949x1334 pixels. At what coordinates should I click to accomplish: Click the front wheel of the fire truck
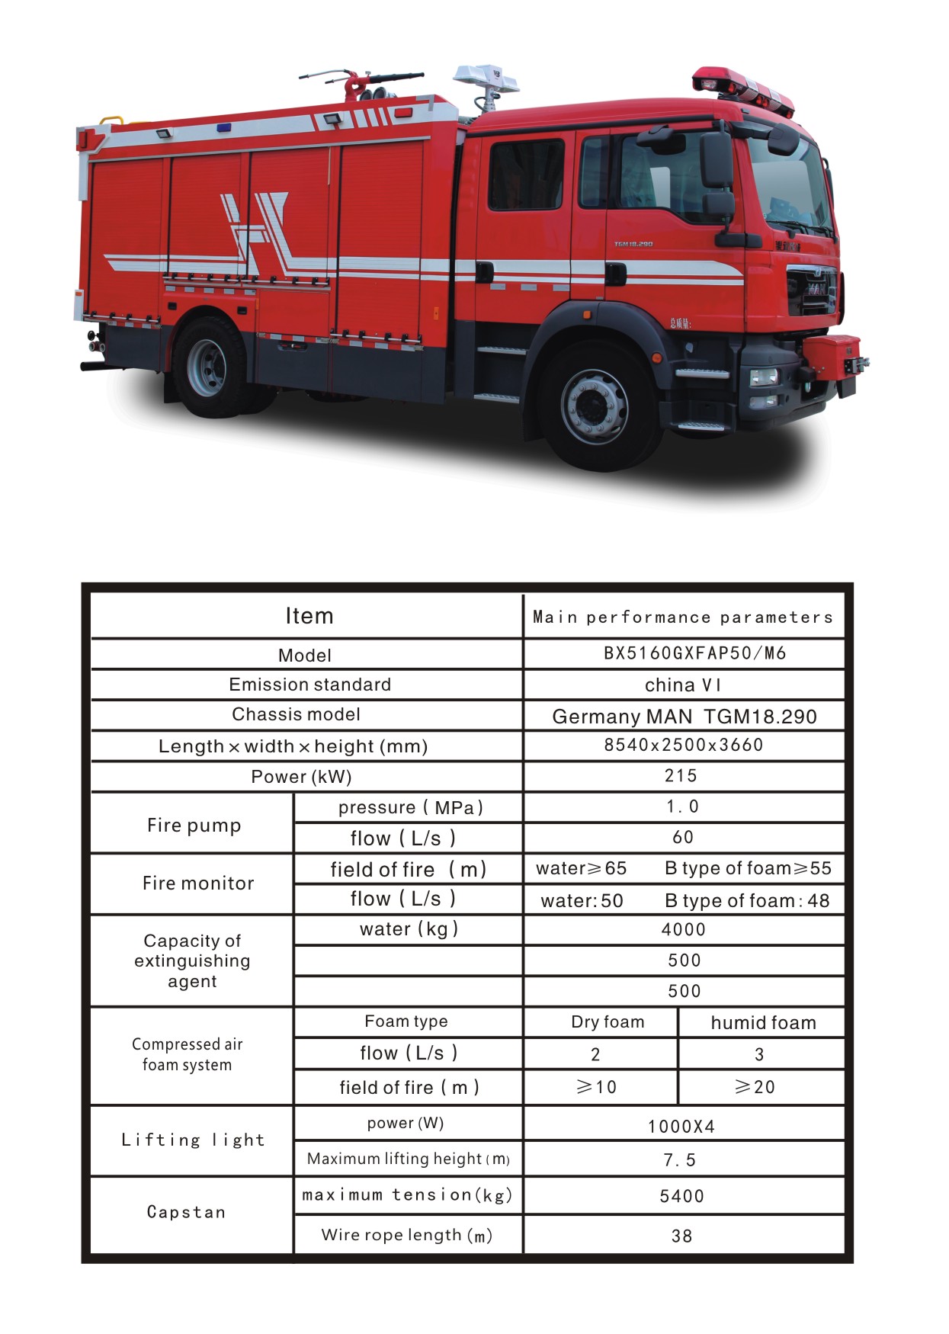click(595, 406)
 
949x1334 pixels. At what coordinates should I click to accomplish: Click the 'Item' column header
click(309, 616)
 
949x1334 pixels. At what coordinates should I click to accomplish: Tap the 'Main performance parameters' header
click(683, 617)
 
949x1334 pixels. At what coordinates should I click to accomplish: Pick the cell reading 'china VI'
click(683, 685)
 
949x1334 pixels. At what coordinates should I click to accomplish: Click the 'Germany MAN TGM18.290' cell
click(684, 716)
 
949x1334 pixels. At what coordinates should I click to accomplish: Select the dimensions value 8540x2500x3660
click(684, 745)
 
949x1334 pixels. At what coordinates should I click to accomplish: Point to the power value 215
click(681, 775)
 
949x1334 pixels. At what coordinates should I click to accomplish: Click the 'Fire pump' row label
click(194, 825)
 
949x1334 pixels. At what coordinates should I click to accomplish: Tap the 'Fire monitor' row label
click(198, 883)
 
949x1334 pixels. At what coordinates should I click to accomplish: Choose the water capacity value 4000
click(684, 929)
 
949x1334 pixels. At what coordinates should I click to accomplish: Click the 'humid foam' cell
click(763, 1022)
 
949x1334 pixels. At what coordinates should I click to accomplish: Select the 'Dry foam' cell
click(608, 1021)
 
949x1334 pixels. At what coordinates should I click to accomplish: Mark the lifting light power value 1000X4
click(681, 1127)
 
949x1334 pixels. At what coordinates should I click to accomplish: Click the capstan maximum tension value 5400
click(681, 1196)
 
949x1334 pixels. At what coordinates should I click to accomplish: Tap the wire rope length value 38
click(681, 1236)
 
